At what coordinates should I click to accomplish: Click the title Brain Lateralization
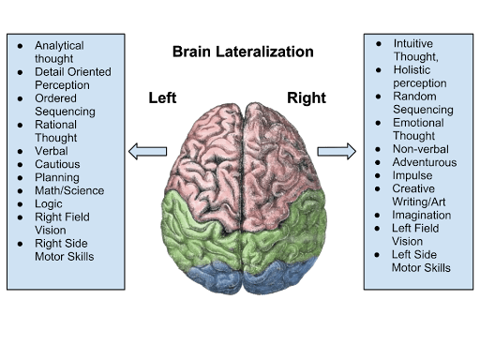coord(243,52)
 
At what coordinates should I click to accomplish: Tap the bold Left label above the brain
coord(162,97)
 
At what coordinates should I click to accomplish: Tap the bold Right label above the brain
coord(307,98)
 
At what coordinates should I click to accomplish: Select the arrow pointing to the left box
coord(147,152)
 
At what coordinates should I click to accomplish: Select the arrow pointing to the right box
coord(337,152)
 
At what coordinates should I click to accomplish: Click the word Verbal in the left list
coord(52,151)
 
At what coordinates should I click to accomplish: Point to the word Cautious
coord(57,164)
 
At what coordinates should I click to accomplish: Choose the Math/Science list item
coord(69,190)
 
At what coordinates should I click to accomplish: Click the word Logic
coord(49,204)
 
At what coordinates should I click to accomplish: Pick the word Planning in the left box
coord(57,177)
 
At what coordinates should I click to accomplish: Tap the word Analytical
coord(59,46)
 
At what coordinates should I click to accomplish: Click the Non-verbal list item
coord(421,149)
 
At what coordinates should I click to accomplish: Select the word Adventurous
coord(425,162)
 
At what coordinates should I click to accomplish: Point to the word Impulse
coord(412,175)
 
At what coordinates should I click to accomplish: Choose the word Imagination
coord(422,216)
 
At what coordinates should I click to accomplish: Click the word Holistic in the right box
coord(412,69)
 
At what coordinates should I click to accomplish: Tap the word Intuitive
coord(413,43)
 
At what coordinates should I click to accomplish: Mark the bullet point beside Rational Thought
coord(21,125)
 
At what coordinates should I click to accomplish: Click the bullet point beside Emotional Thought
coord(378,123)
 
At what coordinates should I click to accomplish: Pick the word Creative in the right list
coord(413,188)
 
